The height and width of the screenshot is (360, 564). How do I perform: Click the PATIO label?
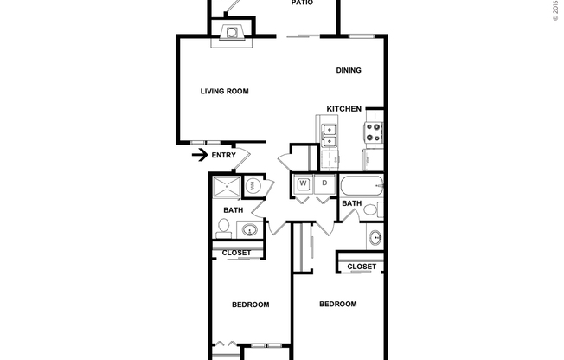pyautogui.click(x=301, y=3)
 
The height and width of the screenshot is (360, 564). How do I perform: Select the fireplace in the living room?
pyautogui.click(x=231, y=34)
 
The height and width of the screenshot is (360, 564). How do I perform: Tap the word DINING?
pyautogui.click(x=349, y=71)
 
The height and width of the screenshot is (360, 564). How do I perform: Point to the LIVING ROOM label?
pyautogui.click(x=225, y=91)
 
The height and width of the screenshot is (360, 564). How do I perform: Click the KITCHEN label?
pyautogui.click(x=343, y=109)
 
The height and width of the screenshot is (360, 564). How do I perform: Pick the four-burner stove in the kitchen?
pyautogui.click(x=375, y=132)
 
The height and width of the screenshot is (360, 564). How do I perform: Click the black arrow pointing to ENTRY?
pyautogui.click(x=199, y=156)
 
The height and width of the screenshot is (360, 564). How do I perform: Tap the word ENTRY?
pyautogui.click(x=223, y=156)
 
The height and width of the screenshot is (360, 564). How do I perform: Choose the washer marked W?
pyautogui.click(x=304, y=183)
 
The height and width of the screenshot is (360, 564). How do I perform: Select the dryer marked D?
pyautogui.click(x=324, y=183)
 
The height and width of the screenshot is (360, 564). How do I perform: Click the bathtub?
pyautogui.click(x=360, y=185)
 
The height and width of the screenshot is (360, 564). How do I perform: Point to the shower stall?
pyautogui.click(x=226, y=187)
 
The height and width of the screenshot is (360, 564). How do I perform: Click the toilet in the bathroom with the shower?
pyautogui.click(x=223, y=227)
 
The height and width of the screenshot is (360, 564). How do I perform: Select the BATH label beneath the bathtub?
pyautogui.click(x=351, y=204)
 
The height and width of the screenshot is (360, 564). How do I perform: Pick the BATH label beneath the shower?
pyautogui.click(x=234, y=210)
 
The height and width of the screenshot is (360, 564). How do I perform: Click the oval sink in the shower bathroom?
pyautogui.click(x=250, y=230)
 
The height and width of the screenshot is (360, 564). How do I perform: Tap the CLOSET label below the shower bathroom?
pyautogui.click(x=236, y=253)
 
